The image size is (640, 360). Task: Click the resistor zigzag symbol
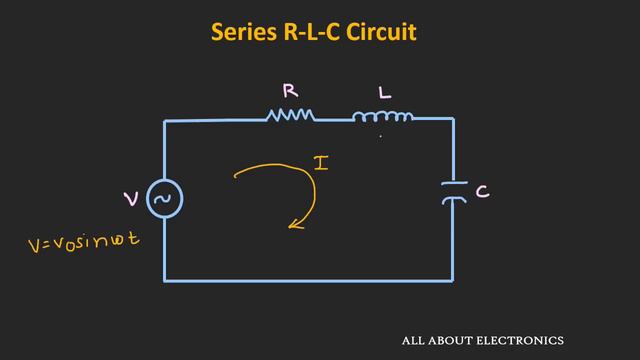pos(290,117)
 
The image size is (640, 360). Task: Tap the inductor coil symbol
pos(382,118)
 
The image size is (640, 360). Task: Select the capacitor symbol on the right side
pos(454,192)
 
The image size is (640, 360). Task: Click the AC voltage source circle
pos(164,200)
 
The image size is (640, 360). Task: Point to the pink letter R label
pos(289,91)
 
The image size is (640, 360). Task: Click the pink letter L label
pos(384,93)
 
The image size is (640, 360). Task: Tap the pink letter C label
pos(482,191)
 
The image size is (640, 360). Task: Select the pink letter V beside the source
pos(131,200)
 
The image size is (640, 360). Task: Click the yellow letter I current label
pos(321,161)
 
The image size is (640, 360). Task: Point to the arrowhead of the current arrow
pos(294,225)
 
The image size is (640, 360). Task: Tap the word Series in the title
pos(243,33)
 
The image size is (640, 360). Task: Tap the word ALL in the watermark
pos(412,340)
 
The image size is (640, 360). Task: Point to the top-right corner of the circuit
pos(453,119)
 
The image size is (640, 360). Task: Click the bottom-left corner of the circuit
pos(165,280)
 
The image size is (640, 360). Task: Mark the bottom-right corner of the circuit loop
pos(453,280)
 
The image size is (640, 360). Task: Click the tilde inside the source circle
pos(164,200)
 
